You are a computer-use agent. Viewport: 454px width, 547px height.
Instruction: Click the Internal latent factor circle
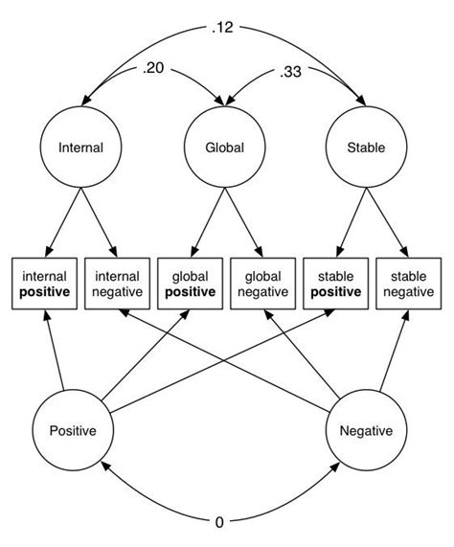tap(80, 148)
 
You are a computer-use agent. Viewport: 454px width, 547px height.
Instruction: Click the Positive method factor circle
tap(72, 430)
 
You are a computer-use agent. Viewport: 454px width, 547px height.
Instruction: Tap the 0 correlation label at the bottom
tap(219, 521)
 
